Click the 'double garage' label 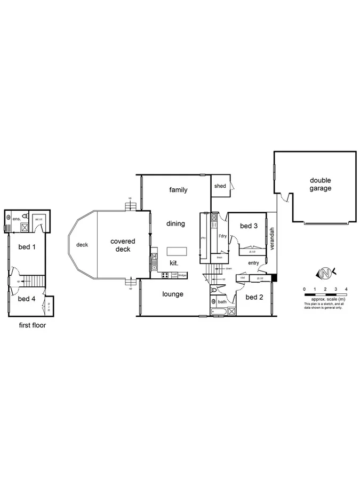[x=321, y=184]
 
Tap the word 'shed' [x=220, y=186]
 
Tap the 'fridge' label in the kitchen [x=182, y=275]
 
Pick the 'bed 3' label [x=249, y=226]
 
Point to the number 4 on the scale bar [x=346, y=289]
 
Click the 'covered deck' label [x=123, y=245]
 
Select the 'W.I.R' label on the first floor [x=38, y=219]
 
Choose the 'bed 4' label [x=26, y=299]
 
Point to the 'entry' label [x=253, y=263]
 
